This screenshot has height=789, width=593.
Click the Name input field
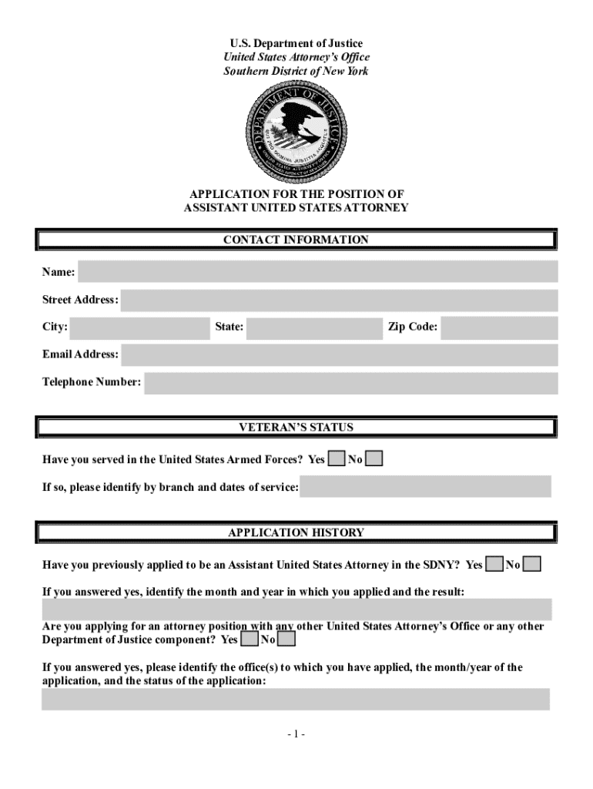317,272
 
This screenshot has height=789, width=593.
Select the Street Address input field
339,300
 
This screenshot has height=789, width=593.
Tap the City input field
139,328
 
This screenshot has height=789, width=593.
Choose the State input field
314,328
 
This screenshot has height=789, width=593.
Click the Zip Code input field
499,328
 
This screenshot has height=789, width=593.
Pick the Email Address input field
339,355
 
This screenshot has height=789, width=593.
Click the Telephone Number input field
350,383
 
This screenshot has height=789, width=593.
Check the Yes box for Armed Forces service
336,460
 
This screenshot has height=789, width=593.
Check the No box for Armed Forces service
374,460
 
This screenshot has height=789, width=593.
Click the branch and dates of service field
425,487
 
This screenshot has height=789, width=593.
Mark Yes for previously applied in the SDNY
494,565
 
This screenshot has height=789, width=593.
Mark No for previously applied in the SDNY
532,565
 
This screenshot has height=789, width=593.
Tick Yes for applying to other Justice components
249,640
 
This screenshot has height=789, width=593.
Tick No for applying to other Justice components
286,640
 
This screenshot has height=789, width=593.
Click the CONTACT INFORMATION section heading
296,240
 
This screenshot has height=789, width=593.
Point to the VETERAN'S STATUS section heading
296,427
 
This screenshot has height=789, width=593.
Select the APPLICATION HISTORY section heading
296,532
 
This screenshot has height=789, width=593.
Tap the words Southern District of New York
296,71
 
